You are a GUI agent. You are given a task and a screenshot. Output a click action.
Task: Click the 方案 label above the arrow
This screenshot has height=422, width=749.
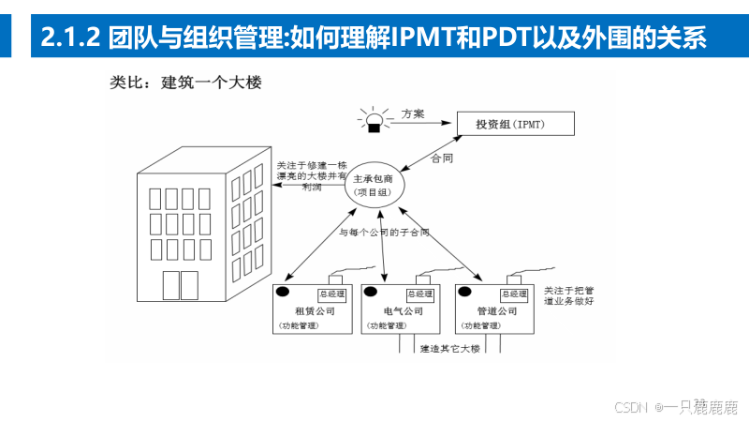click(x=413, y=113)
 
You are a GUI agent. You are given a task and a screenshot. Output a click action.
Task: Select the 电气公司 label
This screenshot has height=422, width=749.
click(x=404, y=310)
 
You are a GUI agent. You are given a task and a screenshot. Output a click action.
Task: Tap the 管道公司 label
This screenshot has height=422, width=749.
click(x=496, y=310)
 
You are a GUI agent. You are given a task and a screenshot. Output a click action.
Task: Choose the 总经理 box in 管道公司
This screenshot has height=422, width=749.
click(x=516, y=294)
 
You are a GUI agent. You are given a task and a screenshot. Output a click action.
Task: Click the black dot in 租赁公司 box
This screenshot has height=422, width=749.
click(x=279, y=292)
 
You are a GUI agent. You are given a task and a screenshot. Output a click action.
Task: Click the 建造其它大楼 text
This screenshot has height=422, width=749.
click(x=450, y=348)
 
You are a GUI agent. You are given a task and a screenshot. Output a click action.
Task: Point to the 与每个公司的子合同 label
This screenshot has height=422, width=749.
click(x=384, y=232)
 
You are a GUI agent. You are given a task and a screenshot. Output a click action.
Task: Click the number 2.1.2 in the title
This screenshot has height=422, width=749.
click(x=71, y=38)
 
